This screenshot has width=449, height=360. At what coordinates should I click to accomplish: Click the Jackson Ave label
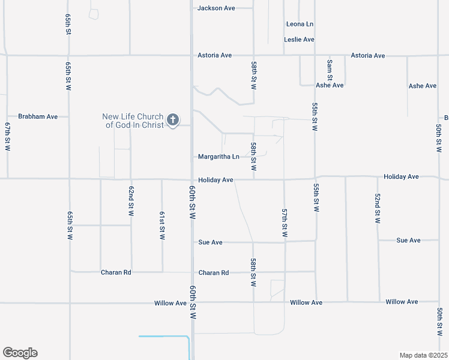click(x=216, y=8)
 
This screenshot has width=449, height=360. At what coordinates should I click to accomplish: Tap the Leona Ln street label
click(x=300, y=24)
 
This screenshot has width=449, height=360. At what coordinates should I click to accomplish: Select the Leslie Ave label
click(x=299, y=40)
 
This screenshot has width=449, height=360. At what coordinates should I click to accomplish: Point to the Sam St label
click(x=330, y=70)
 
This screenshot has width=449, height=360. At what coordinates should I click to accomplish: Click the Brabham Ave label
click(x=38, y=116)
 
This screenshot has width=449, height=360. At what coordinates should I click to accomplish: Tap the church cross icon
click(x=173, y=120)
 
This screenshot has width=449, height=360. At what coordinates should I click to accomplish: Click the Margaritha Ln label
click(x=218, y=157)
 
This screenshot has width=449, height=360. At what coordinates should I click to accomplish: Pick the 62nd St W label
click(x=130, y=201)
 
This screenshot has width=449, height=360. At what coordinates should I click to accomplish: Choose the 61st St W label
click(x=162, y=226)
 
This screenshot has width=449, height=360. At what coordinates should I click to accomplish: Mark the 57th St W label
click(x=285, y=223)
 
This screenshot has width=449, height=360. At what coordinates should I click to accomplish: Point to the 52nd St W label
click(x=378, y=208)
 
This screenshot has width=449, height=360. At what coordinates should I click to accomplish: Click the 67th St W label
click(x=8, y=137)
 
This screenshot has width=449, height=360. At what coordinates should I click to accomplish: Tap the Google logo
click(x=20, y=353)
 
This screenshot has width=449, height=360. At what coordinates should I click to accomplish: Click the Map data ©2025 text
click(x=423, y=355)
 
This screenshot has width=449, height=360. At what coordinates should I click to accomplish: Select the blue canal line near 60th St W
click(x=163, y=337)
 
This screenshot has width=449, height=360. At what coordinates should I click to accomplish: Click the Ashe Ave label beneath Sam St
click(x=330, y=85)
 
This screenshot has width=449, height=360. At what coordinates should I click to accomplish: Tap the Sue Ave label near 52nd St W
click(x=408, y=240)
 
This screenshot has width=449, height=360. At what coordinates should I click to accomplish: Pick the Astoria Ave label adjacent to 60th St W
click(x=214, y=55)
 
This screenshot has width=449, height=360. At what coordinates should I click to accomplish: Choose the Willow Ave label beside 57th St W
click(x=306, y=302)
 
